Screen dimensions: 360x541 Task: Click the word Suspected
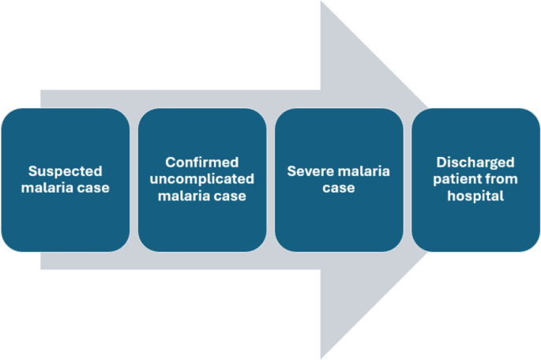[x=65, y=171]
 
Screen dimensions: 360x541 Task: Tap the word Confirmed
[x=201, y=163]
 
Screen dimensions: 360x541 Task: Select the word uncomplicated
[x=201, y=179]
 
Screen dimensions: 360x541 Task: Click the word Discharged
[x=475, y=163]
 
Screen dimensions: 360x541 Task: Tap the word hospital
[x=475, y=196]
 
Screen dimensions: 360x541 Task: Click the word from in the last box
[x=502, y=179]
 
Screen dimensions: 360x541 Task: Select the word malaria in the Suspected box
[x=50, y=188]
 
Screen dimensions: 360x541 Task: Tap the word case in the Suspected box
[x=93, y=188]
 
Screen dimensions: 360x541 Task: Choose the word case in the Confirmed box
[x=231, y=196]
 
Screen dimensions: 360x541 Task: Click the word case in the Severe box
[x=338, y=188]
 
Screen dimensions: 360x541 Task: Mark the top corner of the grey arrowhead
[x=321, y=2]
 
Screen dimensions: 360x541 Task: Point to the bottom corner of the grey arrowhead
[x=321, y=358]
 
